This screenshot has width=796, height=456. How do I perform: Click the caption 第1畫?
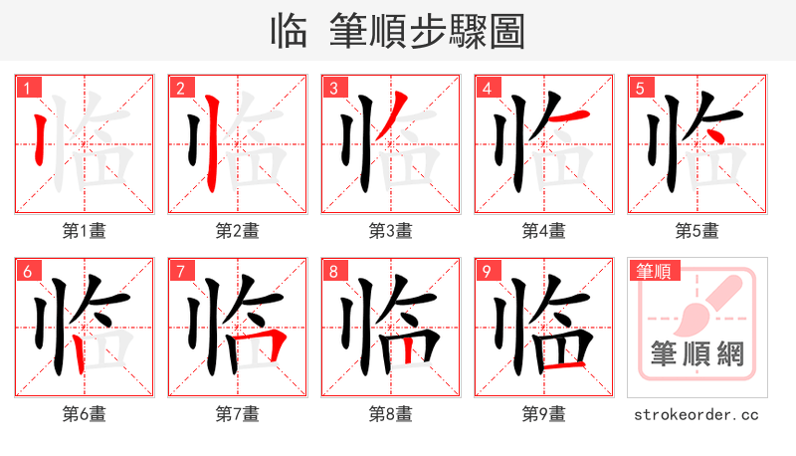[85, 231]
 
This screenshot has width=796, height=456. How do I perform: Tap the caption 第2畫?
[238, 231]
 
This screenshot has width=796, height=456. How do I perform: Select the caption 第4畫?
[544, 231]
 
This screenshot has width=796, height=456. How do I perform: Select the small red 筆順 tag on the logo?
[654, 271]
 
